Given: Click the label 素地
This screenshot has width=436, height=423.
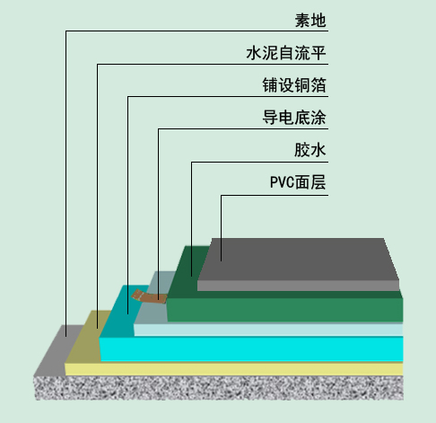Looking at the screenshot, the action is tap(310, 21).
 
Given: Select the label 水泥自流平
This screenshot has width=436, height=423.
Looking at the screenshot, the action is tap(286, 53).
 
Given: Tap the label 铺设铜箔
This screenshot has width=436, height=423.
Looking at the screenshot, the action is tap(294, 85).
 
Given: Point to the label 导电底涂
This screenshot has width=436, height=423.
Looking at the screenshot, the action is tap(294, 118).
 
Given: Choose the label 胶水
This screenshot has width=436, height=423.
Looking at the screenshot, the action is tap(310, 150).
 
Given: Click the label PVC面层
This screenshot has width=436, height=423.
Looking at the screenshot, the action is tap(298, 182).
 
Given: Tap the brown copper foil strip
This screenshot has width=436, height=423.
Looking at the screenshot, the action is tap(149, 296).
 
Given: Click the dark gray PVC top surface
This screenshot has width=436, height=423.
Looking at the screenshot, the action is tap(299, 260).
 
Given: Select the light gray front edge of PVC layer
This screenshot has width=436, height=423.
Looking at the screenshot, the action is tap(298, 286).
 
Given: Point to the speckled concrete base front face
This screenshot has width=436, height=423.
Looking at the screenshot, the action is tap(219, 388).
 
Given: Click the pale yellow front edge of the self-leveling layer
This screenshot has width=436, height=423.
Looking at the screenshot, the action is tap(234, 369).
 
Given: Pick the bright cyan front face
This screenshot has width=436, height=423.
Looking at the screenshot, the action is tap(251, 349).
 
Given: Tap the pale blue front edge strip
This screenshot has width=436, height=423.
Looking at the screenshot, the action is tap(268, 330).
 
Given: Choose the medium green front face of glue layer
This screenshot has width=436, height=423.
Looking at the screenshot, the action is tap(284, 310).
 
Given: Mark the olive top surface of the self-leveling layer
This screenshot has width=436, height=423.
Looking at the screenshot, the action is tap(88, 335).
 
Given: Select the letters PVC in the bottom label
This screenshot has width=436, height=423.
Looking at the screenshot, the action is tap(282, 182).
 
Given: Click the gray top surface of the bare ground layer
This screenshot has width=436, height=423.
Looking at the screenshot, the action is tap(57, 348).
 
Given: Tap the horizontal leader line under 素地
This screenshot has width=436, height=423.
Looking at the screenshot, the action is tap(196, 31).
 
